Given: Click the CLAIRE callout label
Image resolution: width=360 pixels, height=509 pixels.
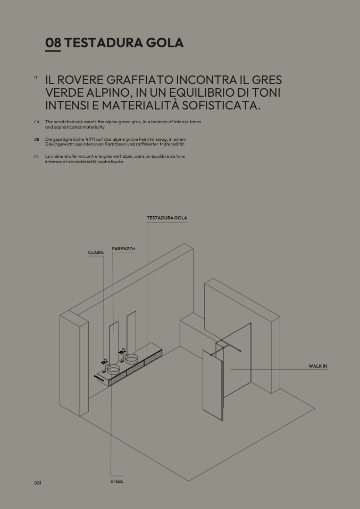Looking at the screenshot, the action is (96, 252).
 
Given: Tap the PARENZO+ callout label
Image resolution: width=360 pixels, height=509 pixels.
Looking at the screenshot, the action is (123, 249).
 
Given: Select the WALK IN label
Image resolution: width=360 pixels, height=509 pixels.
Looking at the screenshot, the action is (318, 366).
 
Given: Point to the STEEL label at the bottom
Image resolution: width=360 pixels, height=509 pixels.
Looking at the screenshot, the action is (116, 481).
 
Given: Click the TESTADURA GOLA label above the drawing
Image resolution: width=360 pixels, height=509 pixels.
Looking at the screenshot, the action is (167, 218).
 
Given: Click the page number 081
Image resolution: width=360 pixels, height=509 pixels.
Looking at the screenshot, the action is (38, 483).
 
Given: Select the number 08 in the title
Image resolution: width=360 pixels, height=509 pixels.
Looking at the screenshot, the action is (53, 43).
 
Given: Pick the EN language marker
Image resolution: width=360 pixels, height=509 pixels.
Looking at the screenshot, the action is (37, 122).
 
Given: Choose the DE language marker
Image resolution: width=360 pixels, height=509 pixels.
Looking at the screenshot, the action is (37, 140).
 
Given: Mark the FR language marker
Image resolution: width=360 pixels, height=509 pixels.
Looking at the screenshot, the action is (36, 157).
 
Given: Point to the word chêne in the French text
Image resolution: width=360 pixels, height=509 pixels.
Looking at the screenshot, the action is (57, 156).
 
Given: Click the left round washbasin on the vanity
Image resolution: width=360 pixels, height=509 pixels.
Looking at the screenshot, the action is (113, 369).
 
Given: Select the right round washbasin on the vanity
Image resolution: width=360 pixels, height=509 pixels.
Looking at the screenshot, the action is (131, 359).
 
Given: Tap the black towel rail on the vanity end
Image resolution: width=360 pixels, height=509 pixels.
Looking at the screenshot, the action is (99, 378).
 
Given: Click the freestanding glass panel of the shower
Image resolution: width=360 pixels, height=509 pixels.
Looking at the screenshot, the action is (213, 385).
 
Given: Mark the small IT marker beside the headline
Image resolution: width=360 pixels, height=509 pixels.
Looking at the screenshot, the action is (36, 77).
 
